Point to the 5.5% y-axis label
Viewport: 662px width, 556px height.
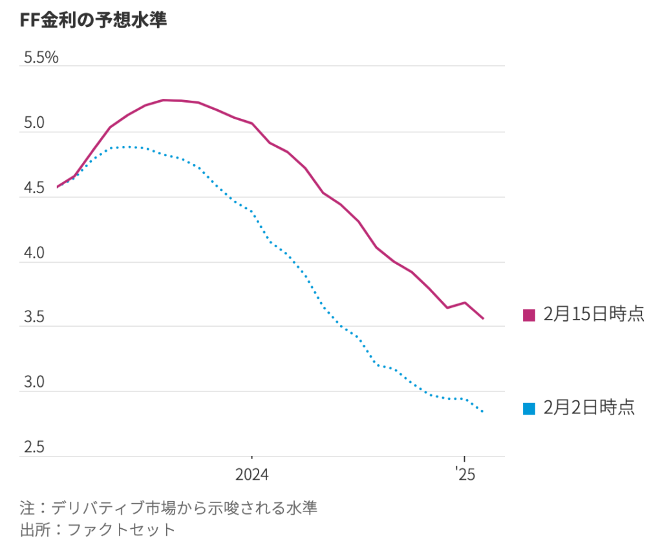click(x=41, y=58)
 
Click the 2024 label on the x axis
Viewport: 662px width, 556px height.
click(x=252, y=476)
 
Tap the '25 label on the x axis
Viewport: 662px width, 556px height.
click(x=464, y=476)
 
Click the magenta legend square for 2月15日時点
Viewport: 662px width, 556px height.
click(x=529, y=315)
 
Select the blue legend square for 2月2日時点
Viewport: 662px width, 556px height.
click(x=529, y=408)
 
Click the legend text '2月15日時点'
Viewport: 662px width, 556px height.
click(x=593, y=314)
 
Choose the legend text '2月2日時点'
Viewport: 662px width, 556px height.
click(x=589, y=407)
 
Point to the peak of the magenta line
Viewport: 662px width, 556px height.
click(x=164, y=100)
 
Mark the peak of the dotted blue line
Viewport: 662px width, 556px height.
click(x=129, y=147)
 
